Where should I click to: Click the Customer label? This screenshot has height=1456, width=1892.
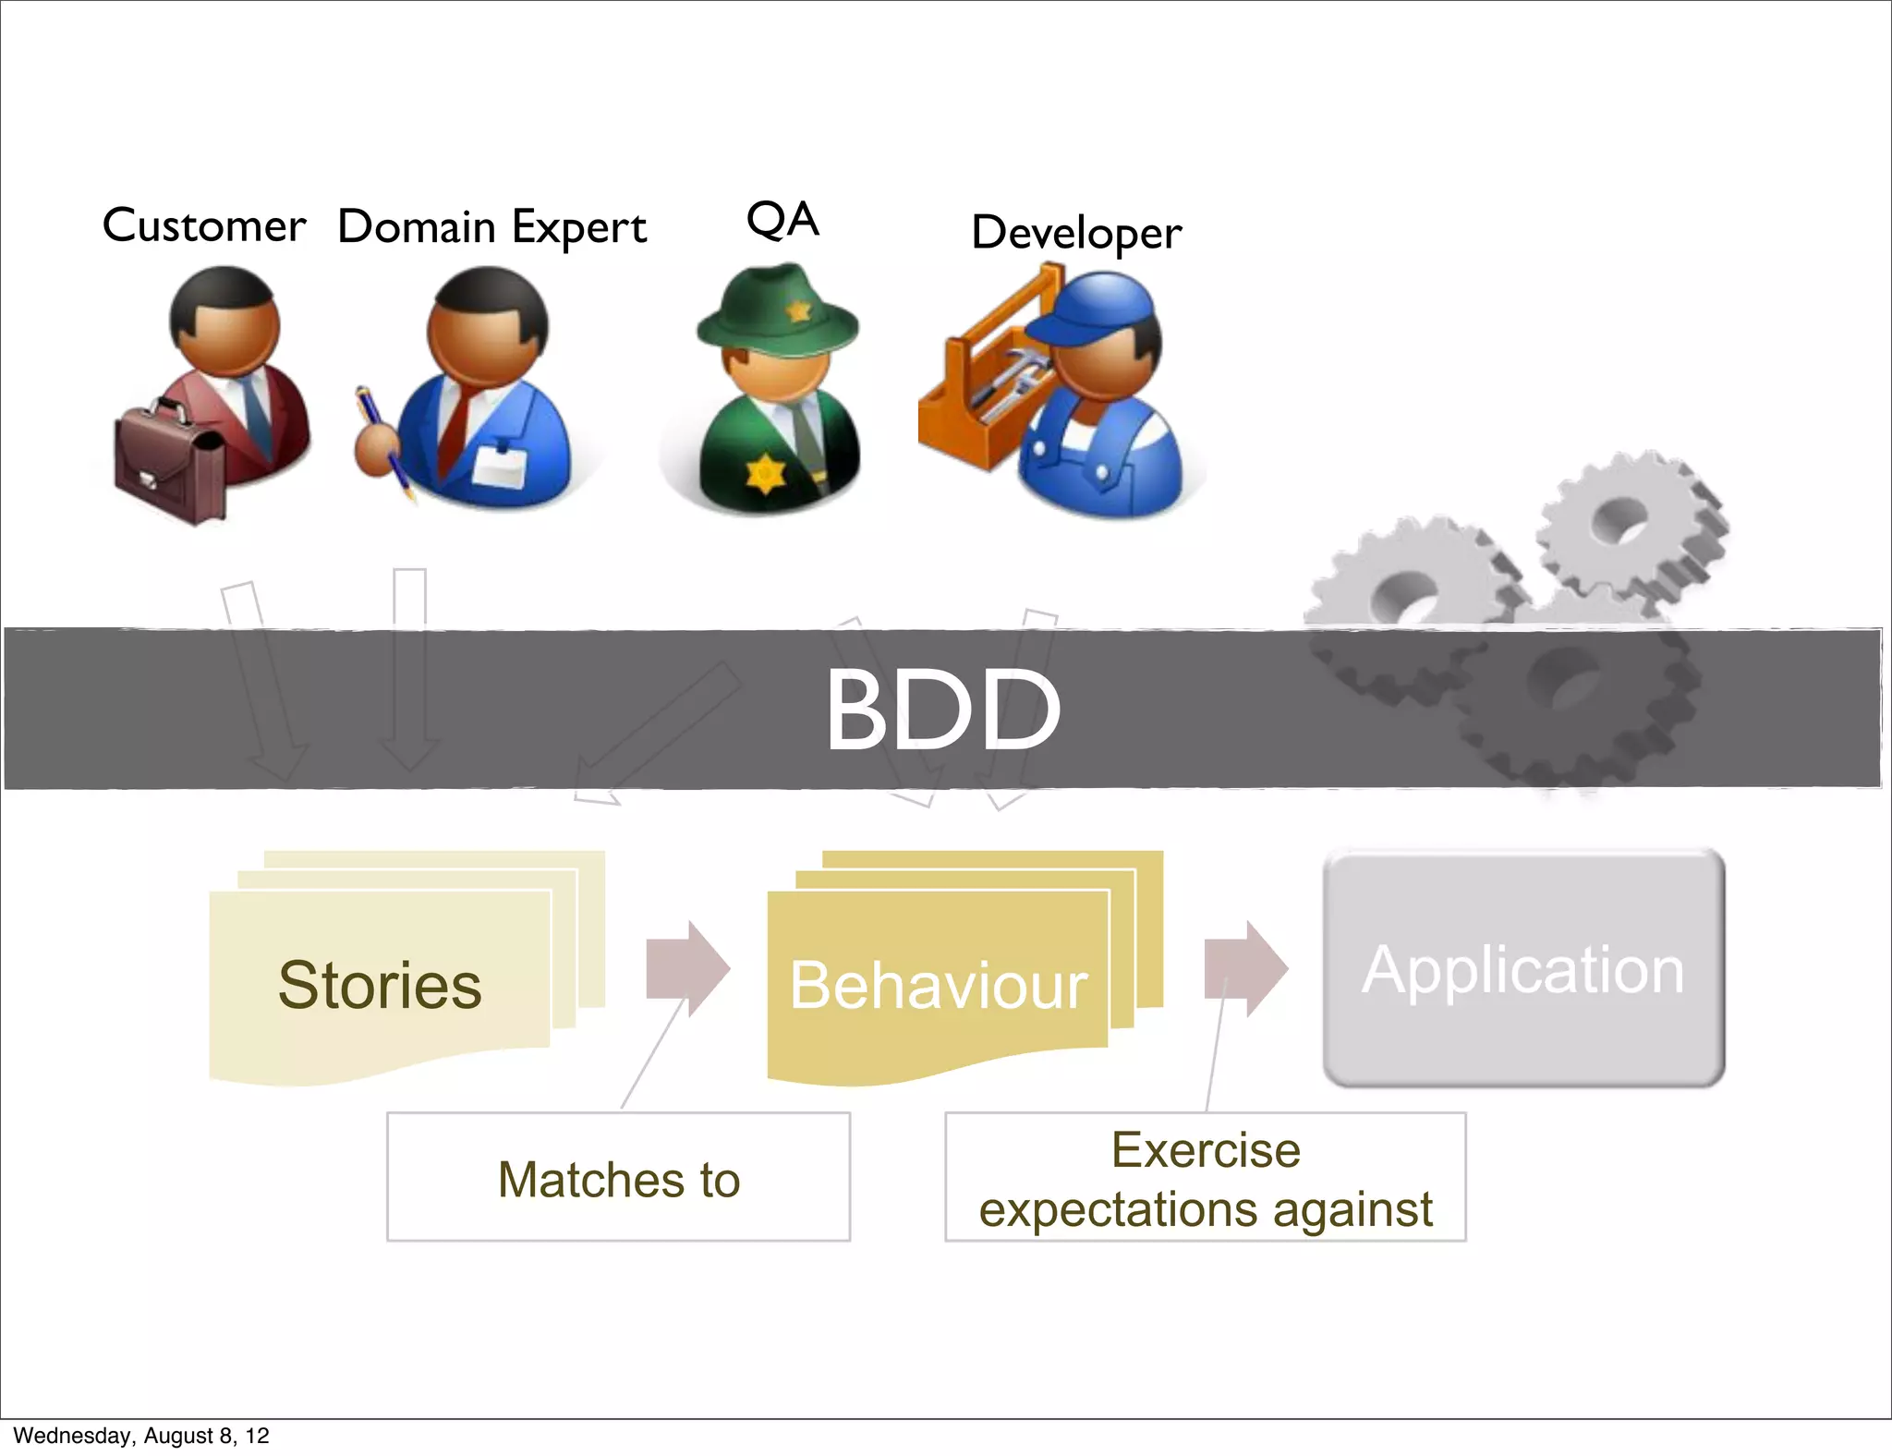[x=203, y=225]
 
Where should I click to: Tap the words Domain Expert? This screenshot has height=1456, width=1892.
[x=491, y=227]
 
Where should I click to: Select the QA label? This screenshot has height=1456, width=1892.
[x=782, y=220]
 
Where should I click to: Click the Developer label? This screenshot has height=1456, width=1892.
[x=1076, y=232]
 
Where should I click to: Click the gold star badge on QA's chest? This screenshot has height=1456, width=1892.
[x=765, y=473]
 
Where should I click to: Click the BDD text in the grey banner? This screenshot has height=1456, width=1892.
[x=942, y=710]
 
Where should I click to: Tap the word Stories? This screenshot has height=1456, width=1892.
[x=380, y=985]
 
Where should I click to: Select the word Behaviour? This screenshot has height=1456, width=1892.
[x=939, y=985]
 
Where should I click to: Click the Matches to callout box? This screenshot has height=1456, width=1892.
[x=618, y=1178]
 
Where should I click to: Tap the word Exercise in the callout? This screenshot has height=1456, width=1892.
[x=1206, y=1150]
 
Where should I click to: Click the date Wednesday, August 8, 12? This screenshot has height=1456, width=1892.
[x=141, y=1436]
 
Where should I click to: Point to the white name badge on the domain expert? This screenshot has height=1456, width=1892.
[x=499, y=467]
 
